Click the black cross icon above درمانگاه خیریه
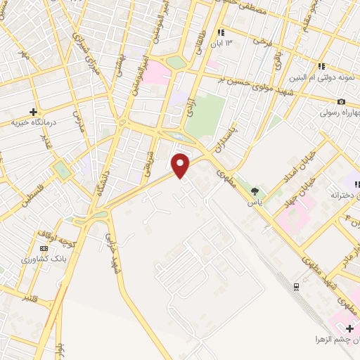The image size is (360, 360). pos(33,112)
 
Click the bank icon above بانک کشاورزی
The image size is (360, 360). pos(44,248)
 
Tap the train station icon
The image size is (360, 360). pos(296,285)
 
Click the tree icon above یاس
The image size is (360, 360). pos(255,191)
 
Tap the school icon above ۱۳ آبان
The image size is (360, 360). pos(221,32)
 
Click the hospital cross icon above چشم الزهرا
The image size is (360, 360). pos(349,328)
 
